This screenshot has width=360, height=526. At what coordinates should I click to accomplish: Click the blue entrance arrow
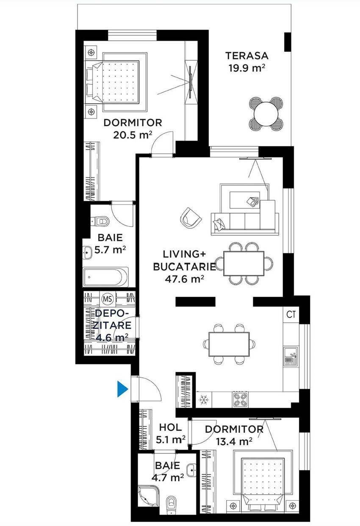click(x=122, y=389)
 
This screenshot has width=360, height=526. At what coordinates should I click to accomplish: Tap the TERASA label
click(x=247, y=56)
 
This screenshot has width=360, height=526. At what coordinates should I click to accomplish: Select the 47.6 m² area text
click(x=184, y=279)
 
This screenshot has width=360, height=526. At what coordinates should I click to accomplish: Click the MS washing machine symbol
click(x=108, y=299)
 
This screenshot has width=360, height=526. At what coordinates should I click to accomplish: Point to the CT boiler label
click(x=291, y=314)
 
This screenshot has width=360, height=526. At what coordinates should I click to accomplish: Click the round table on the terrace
click(x=266, y=114)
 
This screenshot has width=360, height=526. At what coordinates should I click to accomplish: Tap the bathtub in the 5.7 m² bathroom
click(x=106, y=277)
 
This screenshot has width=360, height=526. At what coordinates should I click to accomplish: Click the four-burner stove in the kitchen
click(x=240, y=400)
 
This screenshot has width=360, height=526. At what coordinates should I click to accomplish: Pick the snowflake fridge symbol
click(x=204, y=399)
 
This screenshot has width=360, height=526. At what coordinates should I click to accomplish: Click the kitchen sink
click(x=291, y=356)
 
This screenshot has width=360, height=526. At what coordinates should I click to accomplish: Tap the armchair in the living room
click(x=191, y=218)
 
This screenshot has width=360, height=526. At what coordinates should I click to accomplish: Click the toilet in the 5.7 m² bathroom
click(x=100, y=221)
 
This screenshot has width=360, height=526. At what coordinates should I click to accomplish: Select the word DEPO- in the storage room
click(x=112, y=313)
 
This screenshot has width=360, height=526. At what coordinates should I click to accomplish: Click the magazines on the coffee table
click(x=252, y=201)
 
